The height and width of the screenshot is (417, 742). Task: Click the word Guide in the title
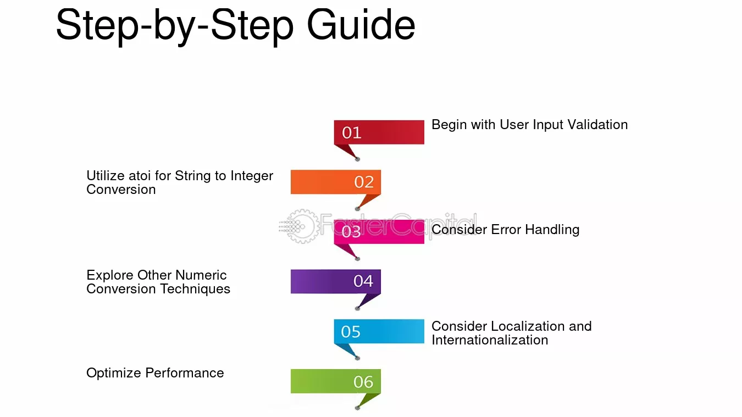[361, 25]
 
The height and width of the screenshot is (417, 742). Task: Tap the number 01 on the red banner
[351, 133]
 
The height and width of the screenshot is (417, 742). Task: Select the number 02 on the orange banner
[364, 182]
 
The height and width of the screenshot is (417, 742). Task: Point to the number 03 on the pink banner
[351, 231]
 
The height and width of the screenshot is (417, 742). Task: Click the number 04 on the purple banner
[363, 281]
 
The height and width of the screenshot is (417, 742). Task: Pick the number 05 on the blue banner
[351, 331]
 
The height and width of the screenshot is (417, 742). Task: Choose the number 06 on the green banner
[363, 381]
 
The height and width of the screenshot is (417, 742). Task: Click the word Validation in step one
[597, 125]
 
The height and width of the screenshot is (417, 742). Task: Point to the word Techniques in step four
[195, 289]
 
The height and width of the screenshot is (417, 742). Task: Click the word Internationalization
[490, 340]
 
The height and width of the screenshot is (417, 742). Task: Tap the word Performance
[185, 373]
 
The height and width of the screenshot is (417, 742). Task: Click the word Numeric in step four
[201, 275]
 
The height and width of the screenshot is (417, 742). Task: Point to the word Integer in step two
[252, 176]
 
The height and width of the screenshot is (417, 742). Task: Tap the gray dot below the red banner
[357, 159]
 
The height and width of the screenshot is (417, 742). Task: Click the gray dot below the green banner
[357, 408]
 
